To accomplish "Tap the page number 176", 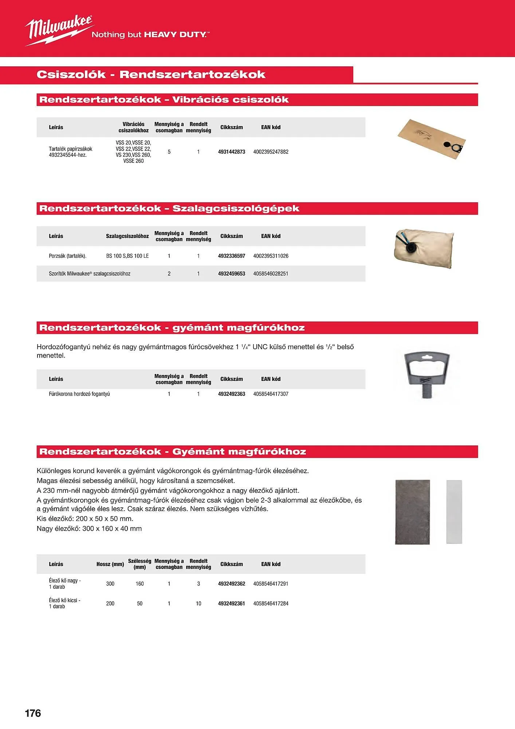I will (33, 713).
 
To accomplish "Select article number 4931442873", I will (232, 152).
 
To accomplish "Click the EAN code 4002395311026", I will (271, 256).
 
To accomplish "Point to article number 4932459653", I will (232, 274).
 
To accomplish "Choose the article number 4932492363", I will (232, 394).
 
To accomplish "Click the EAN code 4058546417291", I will (271, 584).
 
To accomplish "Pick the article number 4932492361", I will (232, 603).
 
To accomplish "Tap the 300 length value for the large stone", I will (110, 584).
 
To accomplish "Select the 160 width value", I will (139, 584).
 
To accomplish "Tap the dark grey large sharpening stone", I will (412, 512).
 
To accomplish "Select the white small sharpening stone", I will (454, 512).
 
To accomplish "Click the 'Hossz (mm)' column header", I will (110, 564).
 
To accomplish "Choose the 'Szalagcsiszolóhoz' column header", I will (127, 236).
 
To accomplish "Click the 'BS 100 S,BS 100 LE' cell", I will (127, 256).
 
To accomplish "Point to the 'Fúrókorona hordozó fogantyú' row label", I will (79, 394).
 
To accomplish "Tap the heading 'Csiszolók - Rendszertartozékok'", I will (151, 75).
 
